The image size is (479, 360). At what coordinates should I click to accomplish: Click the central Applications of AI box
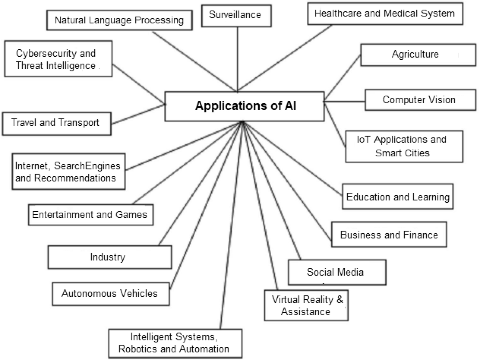[x=244, y=106]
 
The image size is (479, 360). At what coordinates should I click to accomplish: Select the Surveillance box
[x=236, y=15]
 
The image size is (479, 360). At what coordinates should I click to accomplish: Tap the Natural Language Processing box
[x=119, y=20]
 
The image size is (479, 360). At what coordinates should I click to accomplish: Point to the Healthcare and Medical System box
[x=385, y=14]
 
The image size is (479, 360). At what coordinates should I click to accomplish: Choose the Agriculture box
[x=418, y=55]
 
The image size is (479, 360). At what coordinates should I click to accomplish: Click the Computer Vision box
[x=420, y=100]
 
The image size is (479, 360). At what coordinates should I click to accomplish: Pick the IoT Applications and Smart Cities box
[x=404, y=146]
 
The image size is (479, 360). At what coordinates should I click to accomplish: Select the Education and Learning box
[x=398, y=197]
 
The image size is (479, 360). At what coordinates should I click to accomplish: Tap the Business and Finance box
[x=389, y=235]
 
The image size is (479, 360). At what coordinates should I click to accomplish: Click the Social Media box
[x=337, y=272]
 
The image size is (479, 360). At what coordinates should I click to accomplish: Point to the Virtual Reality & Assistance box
[x=306, y=305]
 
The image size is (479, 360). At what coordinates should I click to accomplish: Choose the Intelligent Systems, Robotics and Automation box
[x=175, y=343]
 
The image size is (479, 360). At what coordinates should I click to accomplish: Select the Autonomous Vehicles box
[x=111, y=293]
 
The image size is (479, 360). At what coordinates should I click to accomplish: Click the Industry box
[x=110, y=257]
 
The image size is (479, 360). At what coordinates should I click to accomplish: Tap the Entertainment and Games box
[x=90, y=215]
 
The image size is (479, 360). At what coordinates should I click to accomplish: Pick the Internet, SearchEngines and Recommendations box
[x=68, y=172]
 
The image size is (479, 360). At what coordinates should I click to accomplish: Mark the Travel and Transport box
[x=57, y=123]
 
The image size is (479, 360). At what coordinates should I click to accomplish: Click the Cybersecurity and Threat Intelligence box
[x=58, y=59]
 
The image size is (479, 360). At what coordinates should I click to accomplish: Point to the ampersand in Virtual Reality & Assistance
[x=340, y=300]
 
